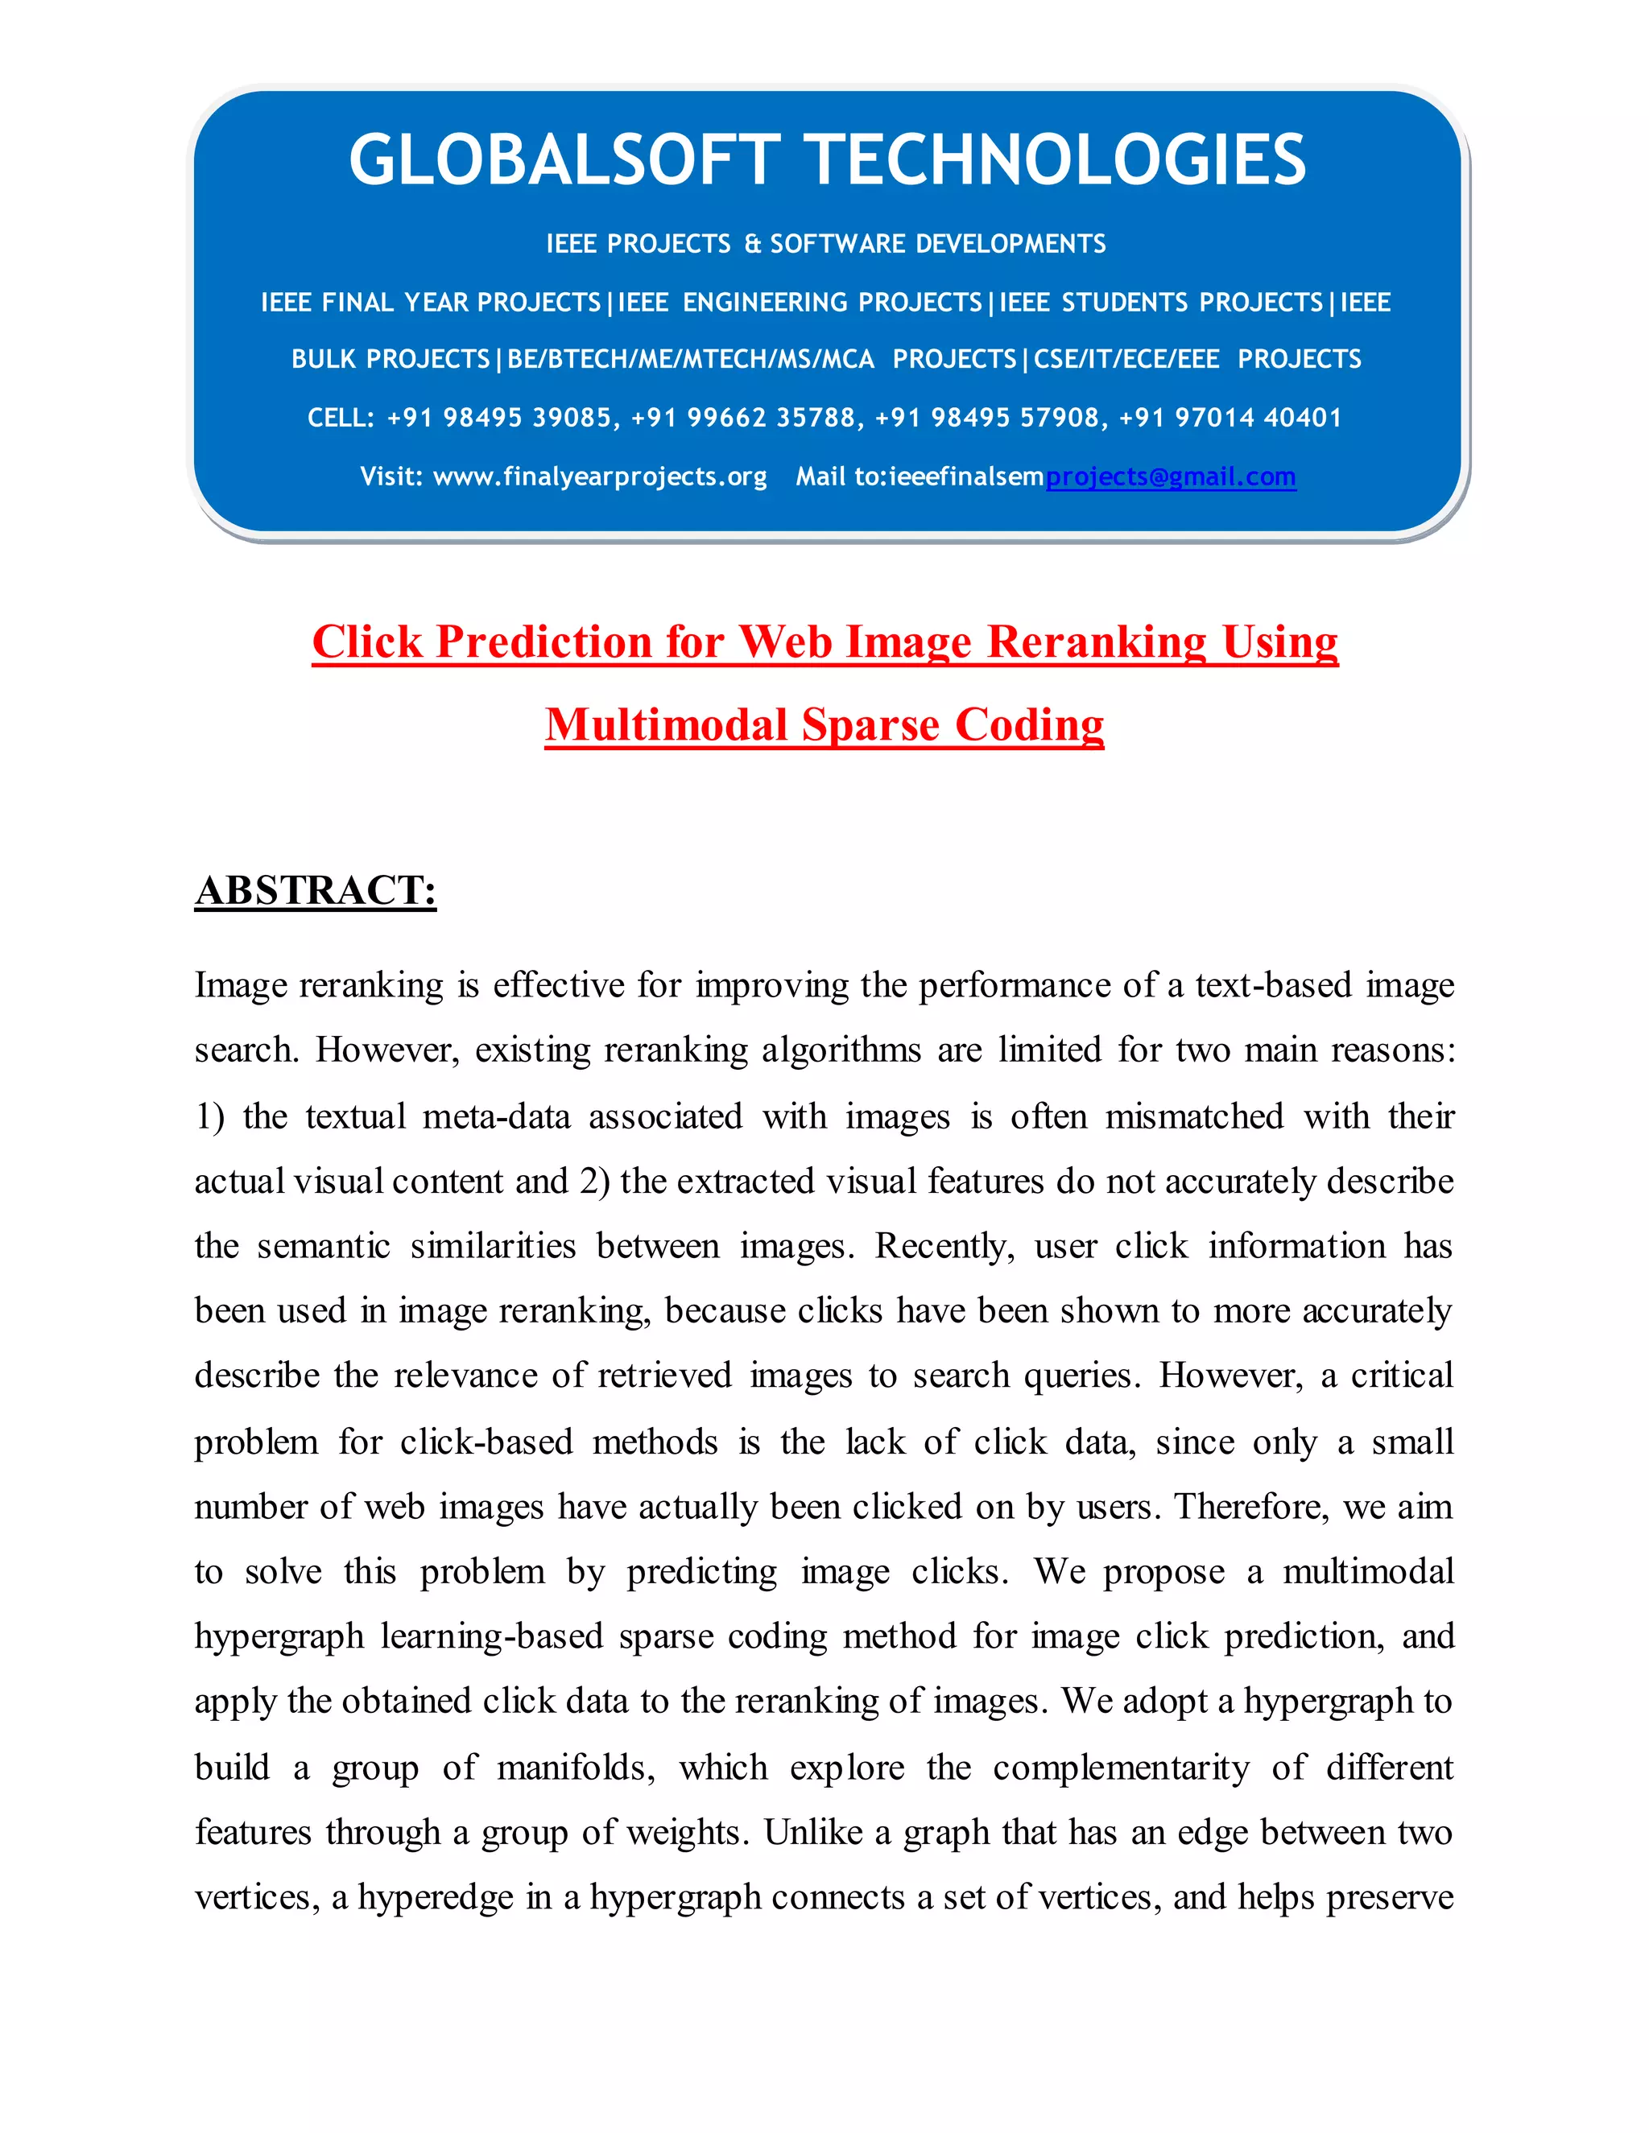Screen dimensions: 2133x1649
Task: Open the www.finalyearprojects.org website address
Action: tap(600, 477)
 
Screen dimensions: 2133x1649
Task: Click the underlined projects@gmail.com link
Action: tap(1170, 477)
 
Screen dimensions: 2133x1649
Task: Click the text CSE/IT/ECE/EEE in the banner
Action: tap(1126, 360)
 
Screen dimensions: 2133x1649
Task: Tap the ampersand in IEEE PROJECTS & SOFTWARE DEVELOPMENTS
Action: tap(752, 244)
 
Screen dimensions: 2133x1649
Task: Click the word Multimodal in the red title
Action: tap(666, 726)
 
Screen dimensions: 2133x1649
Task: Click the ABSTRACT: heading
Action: tap(316, 891)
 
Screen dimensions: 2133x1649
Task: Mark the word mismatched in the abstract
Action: tap(1194, 1116)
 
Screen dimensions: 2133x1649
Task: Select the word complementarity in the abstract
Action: tap(1121, 1768)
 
